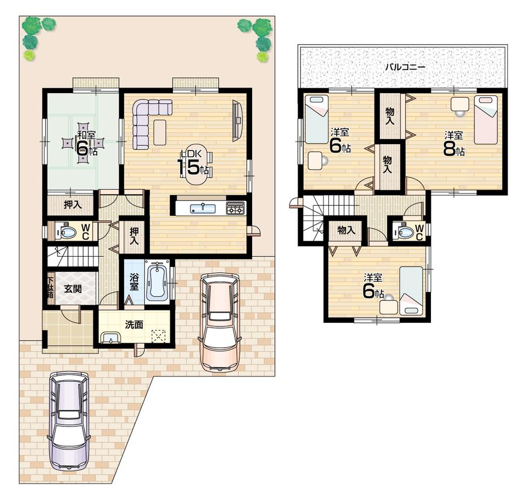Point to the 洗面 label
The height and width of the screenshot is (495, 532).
pos(134,324)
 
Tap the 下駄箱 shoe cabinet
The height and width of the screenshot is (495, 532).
pos(50,288)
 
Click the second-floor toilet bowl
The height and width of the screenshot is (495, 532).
pos(405,232)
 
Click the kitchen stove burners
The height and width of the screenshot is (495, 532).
pos(235,208)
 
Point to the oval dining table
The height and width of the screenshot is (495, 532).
pos(197,168)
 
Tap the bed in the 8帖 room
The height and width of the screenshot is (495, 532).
pos(485,120)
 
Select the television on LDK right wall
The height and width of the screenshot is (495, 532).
pos(237,121)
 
